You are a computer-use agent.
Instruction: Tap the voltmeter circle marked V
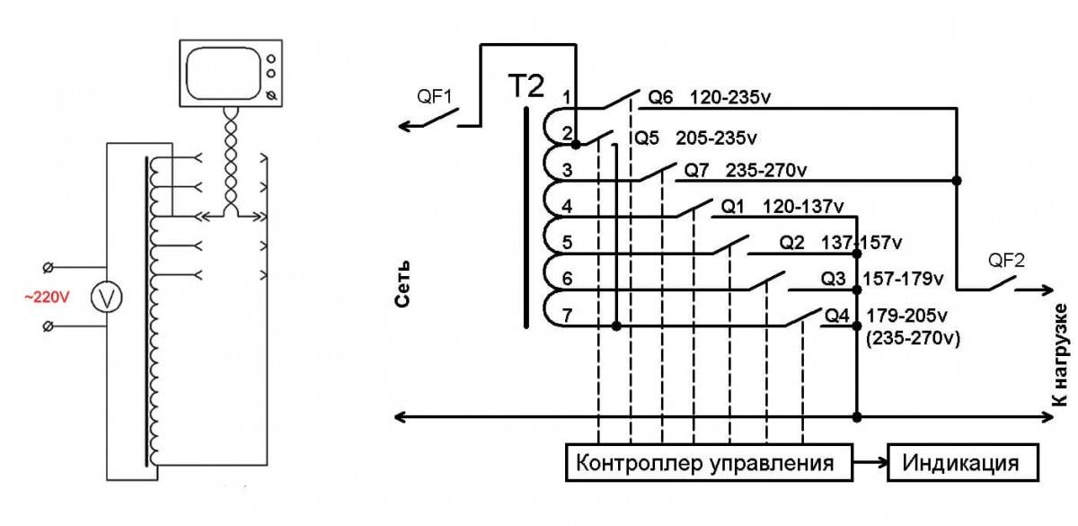(x=104, y=299)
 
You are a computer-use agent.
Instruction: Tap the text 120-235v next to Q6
(x=731, y=96)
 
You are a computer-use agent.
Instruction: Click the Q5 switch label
(x=647, y=138)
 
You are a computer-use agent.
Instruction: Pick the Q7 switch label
(x=698, y=169)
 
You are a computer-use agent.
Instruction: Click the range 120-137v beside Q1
(x=803, y=207)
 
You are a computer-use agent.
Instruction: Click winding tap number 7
(x=566, y=316)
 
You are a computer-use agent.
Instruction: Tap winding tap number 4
(x=566, y=206)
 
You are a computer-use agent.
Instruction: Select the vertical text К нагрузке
(x=1061, y=355)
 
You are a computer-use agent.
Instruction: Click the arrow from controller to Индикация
(x=869, y=464)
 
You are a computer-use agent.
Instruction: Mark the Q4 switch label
(x=836, y=316)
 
